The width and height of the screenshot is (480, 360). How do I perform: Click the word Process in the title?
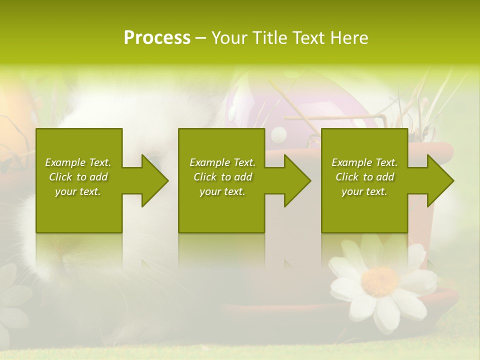157,38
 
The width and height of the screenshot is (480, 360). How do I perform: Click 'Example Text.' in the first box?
78,162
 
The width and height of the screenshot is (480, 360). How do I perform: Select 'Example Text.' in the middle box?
222,162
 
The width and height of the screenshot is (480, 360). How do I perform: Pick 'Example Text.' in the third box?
364,162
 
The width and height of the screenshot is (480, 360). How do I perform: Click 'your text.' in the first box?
78,191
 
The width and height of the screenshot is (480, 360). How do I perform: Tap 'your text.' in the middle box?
222,191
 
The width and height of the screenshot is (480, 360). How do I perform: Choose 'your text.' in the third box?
364,191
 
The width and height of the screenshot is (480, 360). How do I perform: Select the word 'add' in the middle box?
243,177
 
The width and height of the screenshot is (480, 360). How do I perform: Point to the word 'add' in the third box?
385,177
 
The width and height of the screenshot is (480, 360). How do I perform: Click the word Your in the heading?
230,38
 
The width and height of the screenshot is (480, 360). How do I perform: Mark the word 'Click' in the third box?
347,177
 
